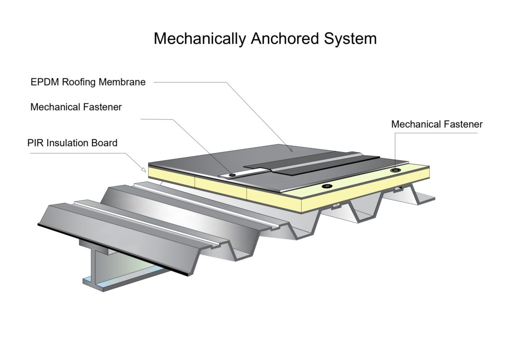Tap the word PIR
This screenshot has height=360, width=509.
(x=36, y=143)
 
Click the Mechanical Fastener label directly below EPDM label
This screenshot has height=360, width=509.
(x=76, y=107)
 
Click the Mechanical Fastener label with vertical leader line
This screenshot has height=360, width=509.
(x=436, y=124)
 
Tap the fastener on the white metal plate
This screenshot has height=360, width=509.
(x=232, y=175)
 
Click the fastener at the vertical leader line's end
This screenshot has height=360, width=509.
(x=395, y=171)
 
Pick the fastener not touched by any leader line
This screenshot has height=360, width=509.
(x=326, y=186)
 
